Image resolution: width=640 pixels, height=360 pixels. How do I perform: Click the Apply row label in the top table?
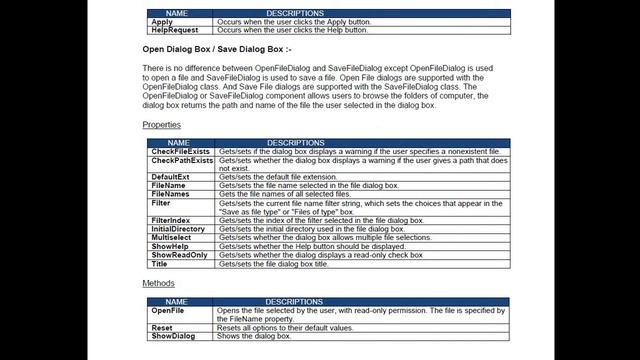point(161,21)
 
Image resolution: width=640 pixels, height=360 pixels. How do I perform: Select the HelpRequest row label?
point(172,30)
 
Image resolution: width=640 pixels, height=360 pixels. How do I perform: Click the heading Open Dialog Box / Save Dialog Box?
point(216,48)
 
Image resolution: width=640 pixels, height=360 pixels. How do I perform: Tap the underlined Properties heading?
point(161,125)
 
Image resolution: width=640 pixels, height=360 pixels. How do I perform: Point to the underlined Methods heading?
point(158,283)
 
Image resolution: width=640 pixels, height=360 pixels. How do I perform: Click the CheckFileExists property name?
point(180,151)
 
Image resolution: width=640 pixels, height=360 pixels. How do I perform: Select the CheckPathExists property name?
point(181,160)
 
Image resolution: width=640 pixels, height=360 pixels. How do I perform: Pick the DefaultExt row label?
point(170,177)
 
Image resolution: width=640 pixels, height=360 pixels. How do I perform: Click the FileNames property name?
point(171,194)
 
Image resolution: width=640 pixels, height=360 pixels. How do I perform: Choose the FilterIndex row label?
point(171,220)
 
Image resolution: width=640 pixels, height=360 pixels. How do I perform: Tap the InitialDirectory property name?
point(178,229)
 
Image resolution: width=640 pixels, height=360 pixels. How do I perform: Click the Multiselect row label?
point(173,238)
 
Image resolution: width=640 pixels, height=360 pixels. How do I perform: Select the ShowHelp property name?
point(170,246)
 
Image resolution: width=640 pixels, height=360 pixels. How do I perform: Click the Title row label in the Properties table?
point(160,264)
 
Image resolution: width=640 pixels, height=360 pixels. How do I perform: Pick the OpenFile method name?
point(168,310)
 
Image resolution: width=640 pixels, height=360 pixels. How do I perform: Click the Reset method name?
point(162,327)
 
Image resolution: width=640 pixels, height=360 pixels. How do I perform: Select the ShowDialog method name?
point(174,336)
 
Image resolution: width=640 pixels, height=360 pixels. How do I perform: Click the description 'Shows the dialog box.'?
point(253,336)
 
